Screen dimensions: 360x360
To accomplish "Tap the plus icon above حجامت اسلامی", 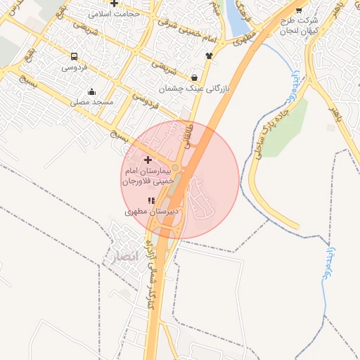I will (x=114, y=4).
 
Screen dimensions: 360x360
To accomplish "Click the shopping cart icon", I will (x=299, y=10).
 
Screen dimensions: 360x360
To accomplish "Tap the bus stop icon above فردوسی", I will (x=75, y=56).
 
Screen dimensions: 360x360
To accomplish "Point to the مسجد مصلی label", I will (x=91, y=102).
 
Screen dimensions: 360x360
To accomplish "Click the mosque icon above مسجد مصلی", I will (x=91, y=91).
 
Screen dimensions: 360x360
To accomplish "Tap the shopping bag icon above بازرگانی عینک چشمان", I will (x=195, y=77).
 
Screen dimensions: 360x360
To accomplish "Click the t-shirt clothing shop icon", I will (x=209, y=55).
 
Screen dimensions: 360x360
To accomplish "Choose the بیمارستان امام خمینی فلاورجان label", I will (x=148, y=176).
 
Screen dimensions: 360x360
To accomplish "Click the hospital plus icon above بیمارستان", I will (x=147, y=160).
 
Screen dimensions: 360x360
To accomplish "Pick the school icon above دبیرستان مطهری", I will (x=152, y=200).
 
